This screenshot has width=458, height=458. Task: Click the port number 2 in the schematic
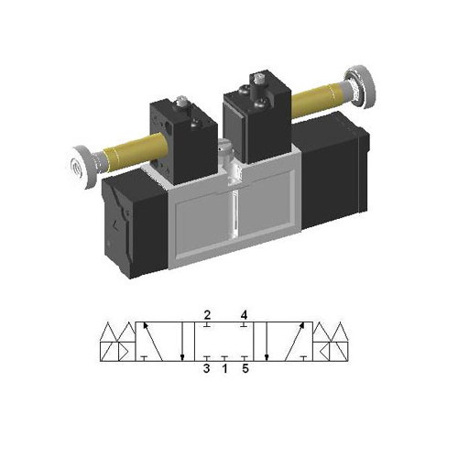pos(208,314)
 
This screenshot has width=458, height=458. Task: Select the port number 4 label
pos(245,314)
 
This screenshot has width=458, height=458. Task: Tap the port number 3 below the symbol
pos(208,370)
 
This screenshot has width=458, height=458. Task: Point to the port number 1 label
pos(226,370)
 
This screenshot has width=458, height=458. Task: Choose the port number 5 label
pos(245,370)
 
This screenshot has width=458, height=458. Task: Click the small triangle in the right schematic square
pos(327,353)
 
